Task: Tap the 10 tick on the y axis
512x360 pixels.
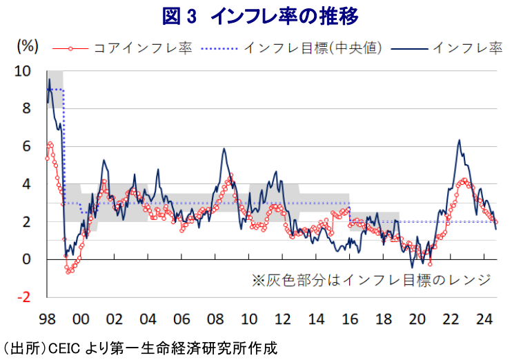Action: tap(23, 71)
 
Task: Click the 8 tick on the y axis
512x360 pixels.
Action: tap(26, 108)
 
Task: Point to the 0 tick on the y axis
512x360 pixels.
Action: tap(26, 259)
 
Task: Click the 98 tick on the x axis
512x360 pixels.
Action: tap(47, 319)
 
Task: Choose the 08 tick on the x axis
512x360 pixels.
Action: tap(215, 319)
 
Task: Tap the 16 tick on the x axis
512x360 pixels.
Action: tap(350, 319)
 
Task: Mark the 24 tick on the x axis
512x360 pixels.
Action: tap(484, 319)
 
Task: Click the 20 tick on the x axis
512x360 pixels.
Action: tap(417, 319)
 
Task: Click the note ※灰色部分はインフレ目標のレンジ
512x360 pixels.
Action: tap(371, 280)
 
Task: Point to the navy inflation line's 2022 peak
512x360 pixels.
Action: tap(459, 140)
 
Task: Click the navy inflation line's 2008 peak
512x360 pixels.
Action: tap(224, 149)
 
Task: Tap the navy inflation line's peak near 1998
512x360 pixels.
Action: tap(49, 79)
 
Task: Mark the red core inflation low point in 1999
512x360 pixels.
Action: tap(68, 272)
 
